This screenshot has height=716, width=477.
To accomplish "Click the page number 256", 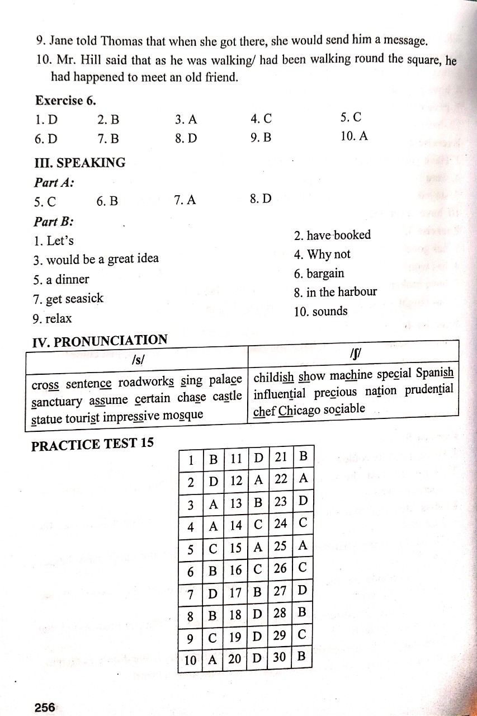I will (45, 707).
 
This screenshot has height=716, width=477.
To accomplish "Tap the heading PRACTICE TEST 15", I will (92, 444).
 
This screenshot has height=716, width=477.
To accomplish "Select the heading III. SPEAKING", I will (81, 163).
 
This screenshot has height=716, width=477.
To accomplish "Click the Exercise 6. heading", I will (66, 101).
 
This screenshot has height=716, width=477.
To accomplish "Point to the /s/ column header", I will (136, 361).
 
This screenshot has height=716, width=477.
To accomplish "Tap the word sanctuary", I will (58, 402).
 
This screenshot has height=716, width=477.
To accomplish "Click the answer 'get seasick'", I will (74, 299).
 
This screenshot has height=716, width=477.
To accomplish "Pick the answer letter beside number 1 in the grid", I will (213, 461).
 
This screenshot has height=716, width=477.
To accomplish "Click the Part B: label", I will (54, 222).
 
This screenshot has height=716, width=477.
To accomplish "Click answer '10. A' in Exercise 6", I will (353, 136).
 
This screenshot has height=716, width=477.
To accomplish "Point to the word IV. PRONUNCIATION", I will (100, 341).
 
